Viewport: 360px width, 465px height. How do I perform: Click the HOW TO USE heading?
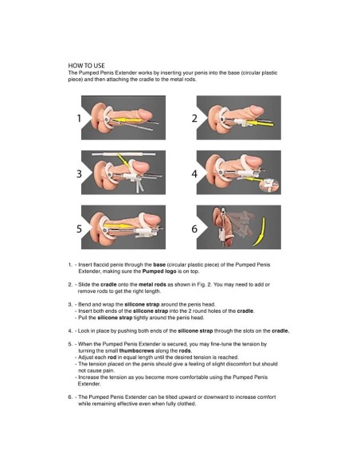(86, 65)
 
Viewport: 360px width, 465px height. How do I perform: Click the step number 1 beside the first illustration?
(79, 118)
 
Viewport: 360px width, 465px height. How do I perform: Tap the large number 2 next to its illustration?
(194, 119)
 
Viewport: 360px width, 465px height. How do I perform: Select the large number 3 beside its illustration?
(79, 174)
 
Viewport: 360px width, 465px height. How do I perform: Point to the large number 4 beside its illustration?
(194, 174)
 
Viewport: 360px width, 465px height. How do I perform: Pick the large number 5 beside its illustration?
(79, 229)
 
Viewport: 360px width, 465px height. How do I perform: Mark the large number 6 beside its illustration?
(194, 229)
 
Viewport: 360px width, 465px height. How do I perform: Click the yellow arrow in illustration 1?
(127, 120)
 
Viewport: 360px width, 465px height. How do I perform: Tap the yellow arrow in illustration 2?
(260, 123)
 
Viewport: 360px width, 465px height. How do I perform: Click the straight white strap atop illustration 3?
(123, 154)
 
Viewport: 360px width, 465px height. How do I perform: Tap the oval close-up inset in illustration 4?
(269, 186)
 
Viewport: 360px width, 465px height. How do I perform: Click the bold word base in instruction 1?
(159, 264)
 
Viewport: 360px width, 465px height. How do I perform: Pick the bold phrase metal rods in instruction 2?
(152, 284)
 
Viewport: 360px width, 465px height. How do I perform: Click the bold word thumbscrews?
(136, 350)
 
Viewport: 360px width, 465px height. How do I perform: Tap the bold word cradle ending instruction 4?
(280, 330)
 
